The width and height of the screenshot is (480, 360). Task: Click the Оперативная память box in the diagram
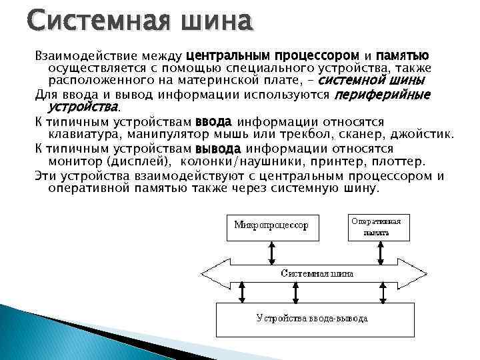point(377,226)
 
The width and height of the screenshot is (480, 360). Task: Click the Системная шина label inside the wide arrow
point(317,273)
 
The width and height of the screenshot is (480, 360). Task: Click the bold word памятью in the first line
point(403,57)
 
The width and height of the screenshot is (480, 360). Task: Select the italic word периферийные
point(381,95)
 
